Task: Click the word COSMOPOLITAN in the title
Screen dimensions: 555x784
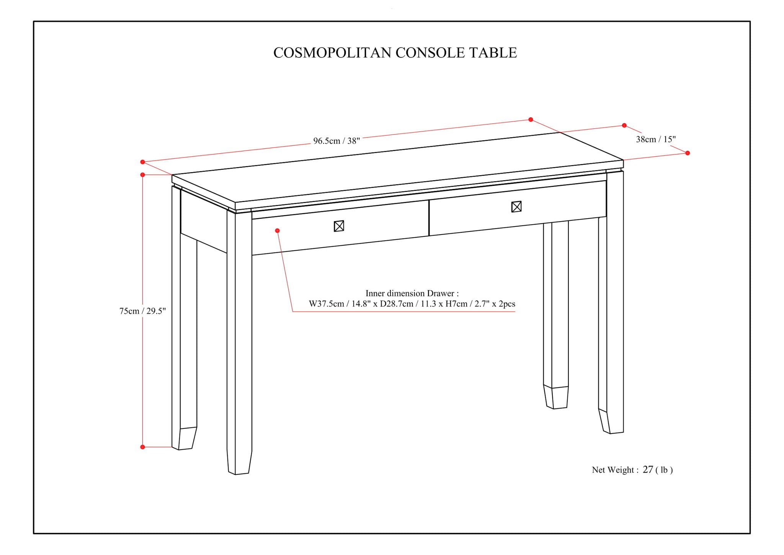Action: (x=332, y=53)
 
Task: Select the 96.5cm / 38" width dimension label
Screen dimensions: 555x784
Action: (x=336, y=141)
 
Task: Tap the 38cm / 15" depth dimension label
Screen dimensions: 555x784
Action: (x=656, y=139)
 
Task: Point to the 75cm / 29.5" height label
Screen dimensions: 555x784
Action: (x=142, y=311)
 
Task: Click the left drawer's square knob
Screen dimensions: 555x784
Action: (x=339, y=226)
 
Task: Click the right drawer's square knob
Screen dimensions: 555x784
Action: (x=516, y=207)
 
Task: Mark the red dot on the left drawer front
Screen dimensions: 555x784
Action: (x=277, y=230)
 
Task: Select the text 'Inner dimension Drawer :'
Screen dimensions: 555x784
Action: (x=412, y=293)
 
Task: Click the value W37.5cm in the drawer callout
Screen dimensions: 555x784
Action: (x=326, y=304)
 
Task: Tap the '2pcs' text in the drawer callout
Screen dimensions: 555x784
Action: (x=506, y=304)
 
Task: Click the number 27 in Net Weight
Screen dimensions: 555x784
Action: (x=648, y=470)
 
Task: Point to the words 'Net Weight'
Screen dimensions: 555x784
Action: (x=612, y=470)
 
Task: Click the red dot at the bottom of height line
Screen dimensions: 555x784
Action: (x=142, y=447)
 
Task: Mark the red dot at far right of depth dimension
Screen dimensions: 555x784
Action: (x=688, y=153)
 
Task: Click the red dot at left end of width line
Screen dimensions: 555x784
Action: (x=142, y=162)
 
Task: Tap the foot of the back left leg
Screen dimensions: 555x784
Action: (x=185, y=438)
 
